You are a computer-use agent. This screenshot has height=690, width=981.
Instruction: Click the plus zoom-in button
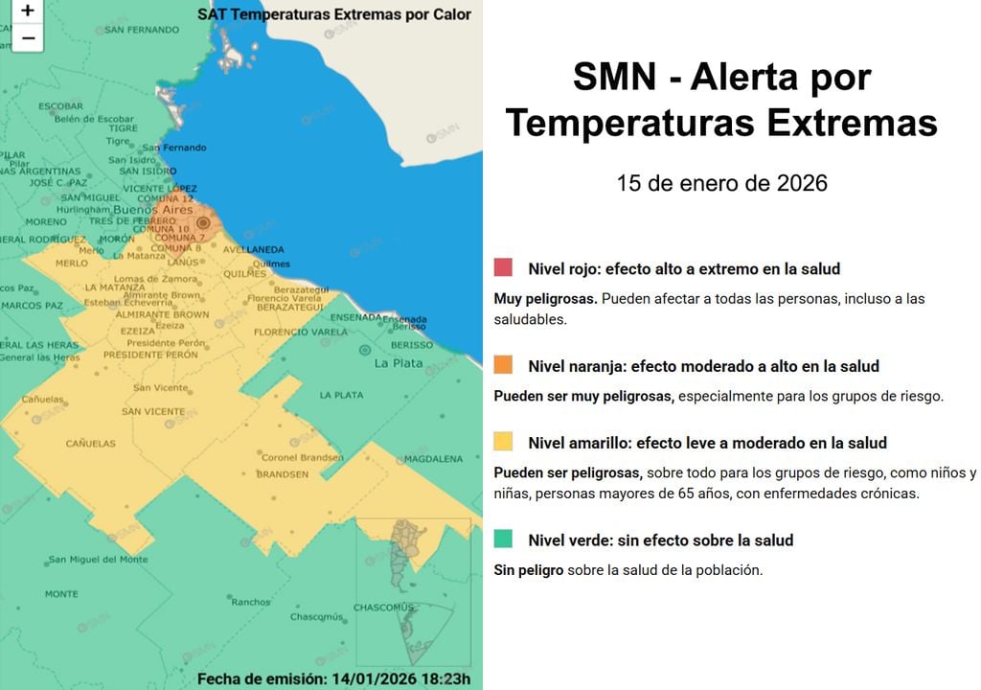coord(28,11)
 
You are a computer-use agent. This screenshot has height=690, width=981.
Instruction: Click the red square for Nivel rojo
coord(503,268)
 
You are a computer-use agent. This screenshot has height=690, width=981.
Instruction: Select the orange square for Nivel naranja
coord(503,365)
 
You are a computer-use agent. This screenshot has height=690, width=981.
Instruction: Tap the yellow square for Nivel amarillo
coord(503,442)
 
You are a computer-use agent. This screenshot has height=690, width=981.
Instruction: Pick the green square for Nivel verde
coord(503,540)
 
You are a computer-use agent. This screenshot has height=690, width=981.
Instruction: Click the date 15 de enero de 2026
coord(721,183)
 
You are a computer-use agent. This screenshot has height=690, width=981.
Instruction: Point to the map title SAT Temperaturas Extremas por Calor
coord(334,14)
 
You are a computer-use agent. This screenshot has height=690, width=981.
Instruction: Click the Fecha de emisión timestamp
coord(334,678)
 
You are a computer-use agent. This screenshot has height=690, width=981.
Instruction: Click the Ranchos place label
coord(251,602)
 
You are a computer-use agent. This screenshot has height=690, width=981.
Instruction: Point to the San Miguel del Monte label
coord(99,560)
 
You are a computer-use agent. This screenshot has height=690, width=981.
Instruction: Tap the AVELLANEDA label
coord(253,250)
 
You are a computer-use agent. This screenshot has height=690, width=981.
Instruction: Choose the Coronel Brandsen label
coord(302,457)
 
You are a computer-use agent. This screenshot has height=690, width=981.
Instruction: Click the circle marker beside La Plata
coord(364,351)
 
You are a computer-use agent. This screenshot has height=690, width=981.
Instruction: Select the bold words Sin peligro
coord(528,570)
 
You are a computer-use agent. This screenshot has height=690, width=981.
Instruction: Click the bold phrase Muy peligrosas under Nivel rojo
coord(545,299)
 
